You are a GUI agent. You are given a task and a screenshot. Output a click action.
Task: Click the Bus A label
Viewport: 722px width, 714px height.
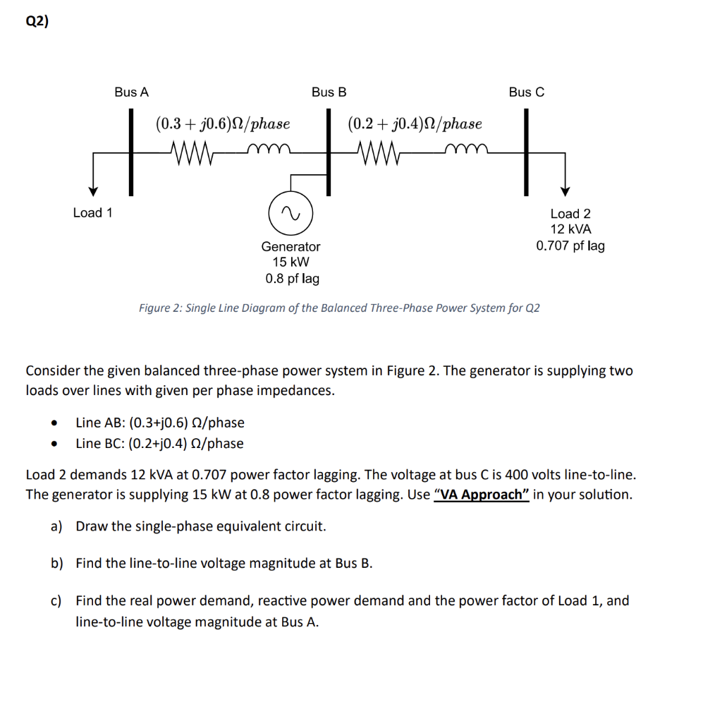[132, 92]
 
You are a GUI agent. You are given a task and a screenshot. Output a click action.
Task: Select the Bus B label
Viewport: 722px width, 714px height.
[329, 92]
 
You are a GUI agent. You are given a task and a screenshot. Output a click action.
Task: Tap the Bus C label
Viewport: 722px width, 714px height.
[527, 92]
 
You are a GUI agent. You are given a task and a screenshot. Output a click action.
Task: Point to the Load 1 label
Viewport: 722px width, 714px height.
[93, 212]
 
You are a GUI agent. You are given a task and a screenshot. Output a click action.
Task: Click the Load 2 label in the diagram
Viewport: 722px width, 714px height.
[570, 213]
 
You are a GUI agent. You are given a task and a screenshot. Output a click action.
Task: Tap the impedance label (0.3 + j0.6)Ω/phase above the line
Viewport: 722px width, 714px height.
[223, 124]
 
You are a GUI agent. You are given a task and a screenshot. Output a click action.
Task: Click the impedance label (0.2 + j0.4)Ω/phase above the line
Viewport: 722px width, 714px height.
[415, 124]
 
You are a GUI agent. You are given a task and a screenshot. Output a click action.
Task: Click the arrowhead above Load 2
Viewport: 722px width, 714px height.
[564, 191]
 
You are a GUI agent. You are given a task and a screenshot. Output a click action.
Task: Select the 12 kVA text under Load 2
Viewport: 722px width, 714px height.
[570, 229]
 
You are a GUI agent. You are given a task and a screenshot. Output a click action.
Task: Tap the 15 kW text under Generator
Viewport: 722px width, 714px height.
[290, 262]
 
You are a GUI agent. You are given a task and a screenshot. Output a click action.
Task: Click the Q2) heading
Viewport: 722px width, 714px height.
[38, 21]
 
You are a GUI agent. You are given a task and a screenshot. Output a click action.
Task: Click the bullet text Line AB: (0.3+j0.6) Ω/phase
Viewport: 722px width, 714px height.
[160, 423]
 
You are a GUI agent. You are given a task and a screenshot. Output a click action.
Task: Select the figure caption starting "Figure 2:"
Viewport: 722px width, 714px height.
[339, 308]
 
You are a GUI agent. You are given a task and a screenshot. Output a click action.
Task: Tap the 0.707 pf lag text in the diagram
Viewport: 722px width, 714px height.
[570, 246]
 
